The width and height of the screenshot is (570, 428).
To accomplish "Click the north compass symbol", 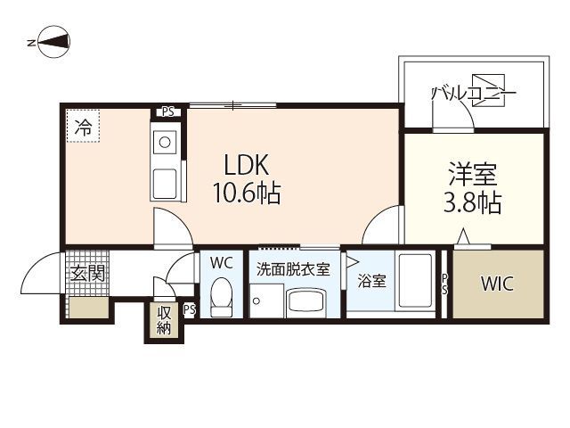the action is coord(53,42).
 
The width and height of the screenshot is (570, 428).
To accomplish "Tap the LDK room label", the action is coord(247,165).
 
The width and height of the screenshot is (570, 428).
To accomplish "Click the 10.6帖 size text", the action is coord(247,193).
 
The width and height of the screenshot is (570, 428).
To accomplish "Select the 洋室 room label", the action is coord(473,174).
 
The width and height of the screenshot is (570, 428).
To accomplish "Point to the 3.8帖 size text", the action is coord(473,202).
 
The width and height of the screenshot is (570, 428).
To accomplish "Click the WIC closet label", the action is coord(497,284).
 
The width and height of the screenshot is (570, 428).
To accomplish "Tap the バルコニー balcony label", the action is coord(473,94).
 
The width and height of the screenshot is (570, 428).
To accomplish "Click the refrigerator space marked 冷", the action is coord(83,127).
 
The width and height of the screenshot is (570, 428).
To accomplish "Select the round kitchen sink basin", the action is coord(165,143).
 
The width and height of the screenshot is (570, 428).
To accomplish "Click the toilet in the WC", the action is coord(222,297).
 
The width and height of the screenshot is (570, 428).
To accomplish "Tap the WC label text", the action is coord(222,263).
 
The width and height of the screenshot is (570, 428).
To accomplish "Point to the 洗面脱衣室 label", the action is coord(293,269).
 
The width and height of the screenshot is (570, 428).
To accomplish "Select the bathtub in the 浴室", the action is coord(415,281).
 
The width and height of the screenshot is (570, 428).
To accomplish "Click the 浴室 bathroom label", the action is coord(371,282).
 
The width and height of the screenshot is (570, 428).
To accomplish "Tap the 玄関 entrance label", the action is coord(87,273).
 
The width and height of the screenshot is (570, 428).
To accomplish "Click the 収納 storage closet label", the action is coord(164,320).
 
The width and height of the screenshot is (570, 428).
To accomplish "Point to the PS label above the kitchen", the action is coord(168,111).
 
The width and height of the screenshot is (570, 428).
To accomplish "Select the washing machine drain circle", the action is coord(256,301).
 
